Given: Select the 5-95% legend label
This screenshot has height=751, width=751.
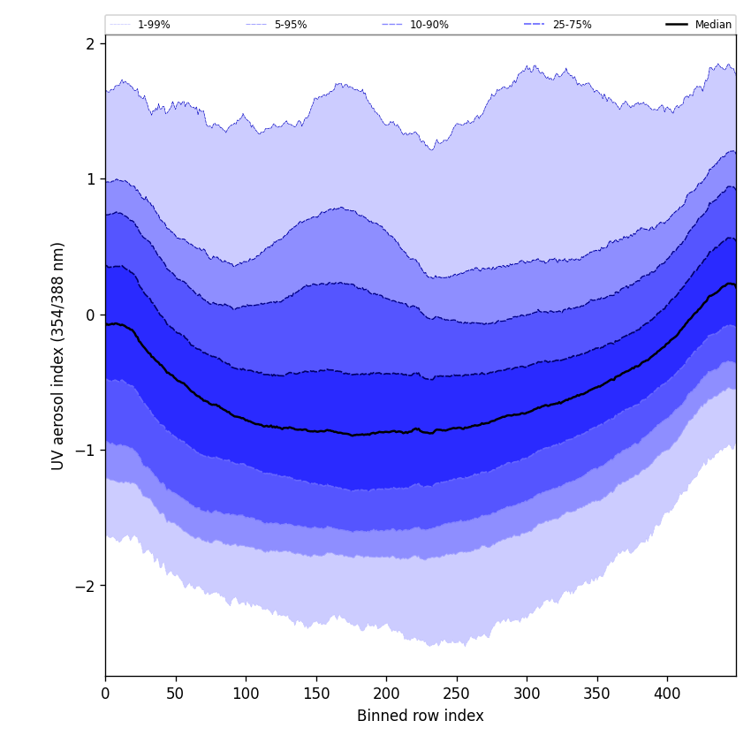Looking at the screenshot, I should (290, 25).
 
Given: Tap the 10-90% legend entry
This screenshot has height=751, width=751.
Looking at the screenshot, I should (429, 25).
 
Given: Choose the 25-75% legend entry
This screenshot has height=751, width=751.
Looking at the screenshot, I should (572, 25).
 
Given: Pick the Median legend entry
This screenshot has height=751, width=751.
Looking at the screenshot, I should (713, 25).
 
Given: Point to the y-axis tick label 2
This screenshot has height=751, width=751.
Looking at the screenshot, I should (89, 43).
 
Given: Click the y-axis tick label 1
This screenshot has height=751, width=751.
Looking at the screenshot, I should (89, 179).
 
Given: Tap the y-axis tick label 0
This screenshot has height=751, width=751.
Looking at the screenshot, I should (89, 315).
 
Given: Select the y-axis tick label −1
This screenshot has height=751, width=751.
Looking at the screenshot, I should (85, 451).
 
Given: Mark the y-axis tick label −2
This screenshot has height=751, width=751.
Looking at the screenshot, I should (85, 586).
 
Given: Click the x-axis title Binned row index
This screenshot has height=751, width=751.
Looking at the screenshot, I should (421, 716).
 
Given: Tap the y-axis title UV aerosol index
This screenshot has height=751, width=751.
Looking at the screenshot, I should (58, 355).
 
